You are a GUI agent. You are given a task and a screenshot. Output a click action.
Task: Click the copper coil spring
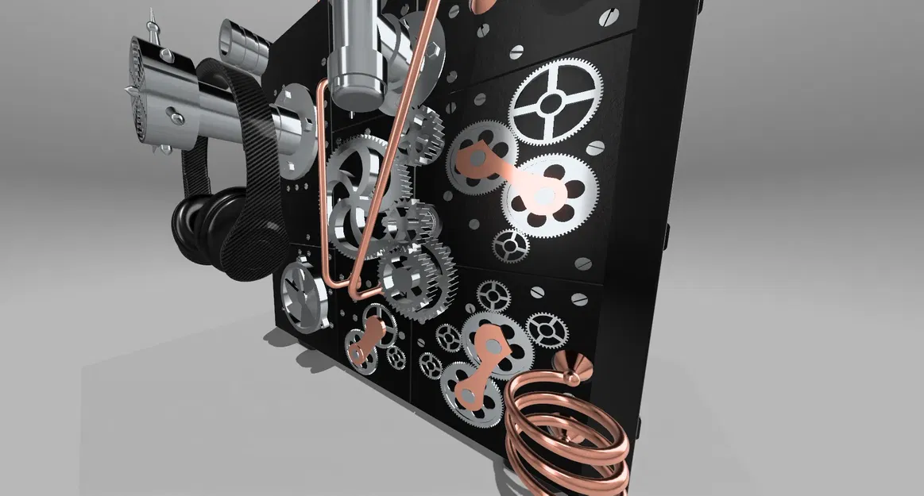566,429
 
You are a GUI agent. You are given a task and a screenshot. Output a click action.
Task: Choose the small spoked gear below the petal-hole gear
510,245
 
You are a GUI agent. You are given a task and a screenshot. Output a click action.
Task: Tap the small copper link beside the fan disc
365,338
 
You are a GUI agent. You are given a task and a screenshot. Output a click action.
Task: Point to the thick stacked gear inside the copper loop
415,278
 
